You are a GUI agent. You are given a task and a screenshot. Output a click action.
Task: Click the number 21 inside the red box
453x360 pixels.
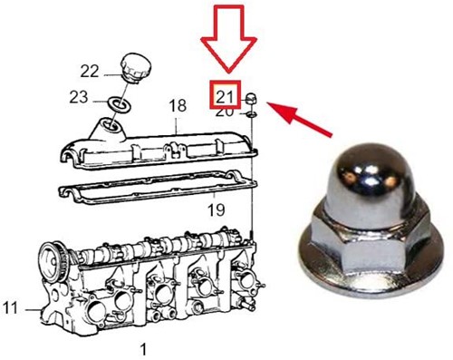click(224, 94)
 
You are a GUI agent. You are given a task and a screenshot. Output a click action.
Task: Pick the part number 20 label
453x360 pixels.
click(224, 112)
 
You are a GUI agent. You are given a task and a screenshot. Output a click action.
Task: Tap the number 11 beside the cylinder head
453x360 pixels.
click(11, 309)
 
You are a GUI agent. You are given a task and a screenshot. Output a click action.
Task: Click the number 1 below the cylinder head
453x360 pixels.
click(142, 348)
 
